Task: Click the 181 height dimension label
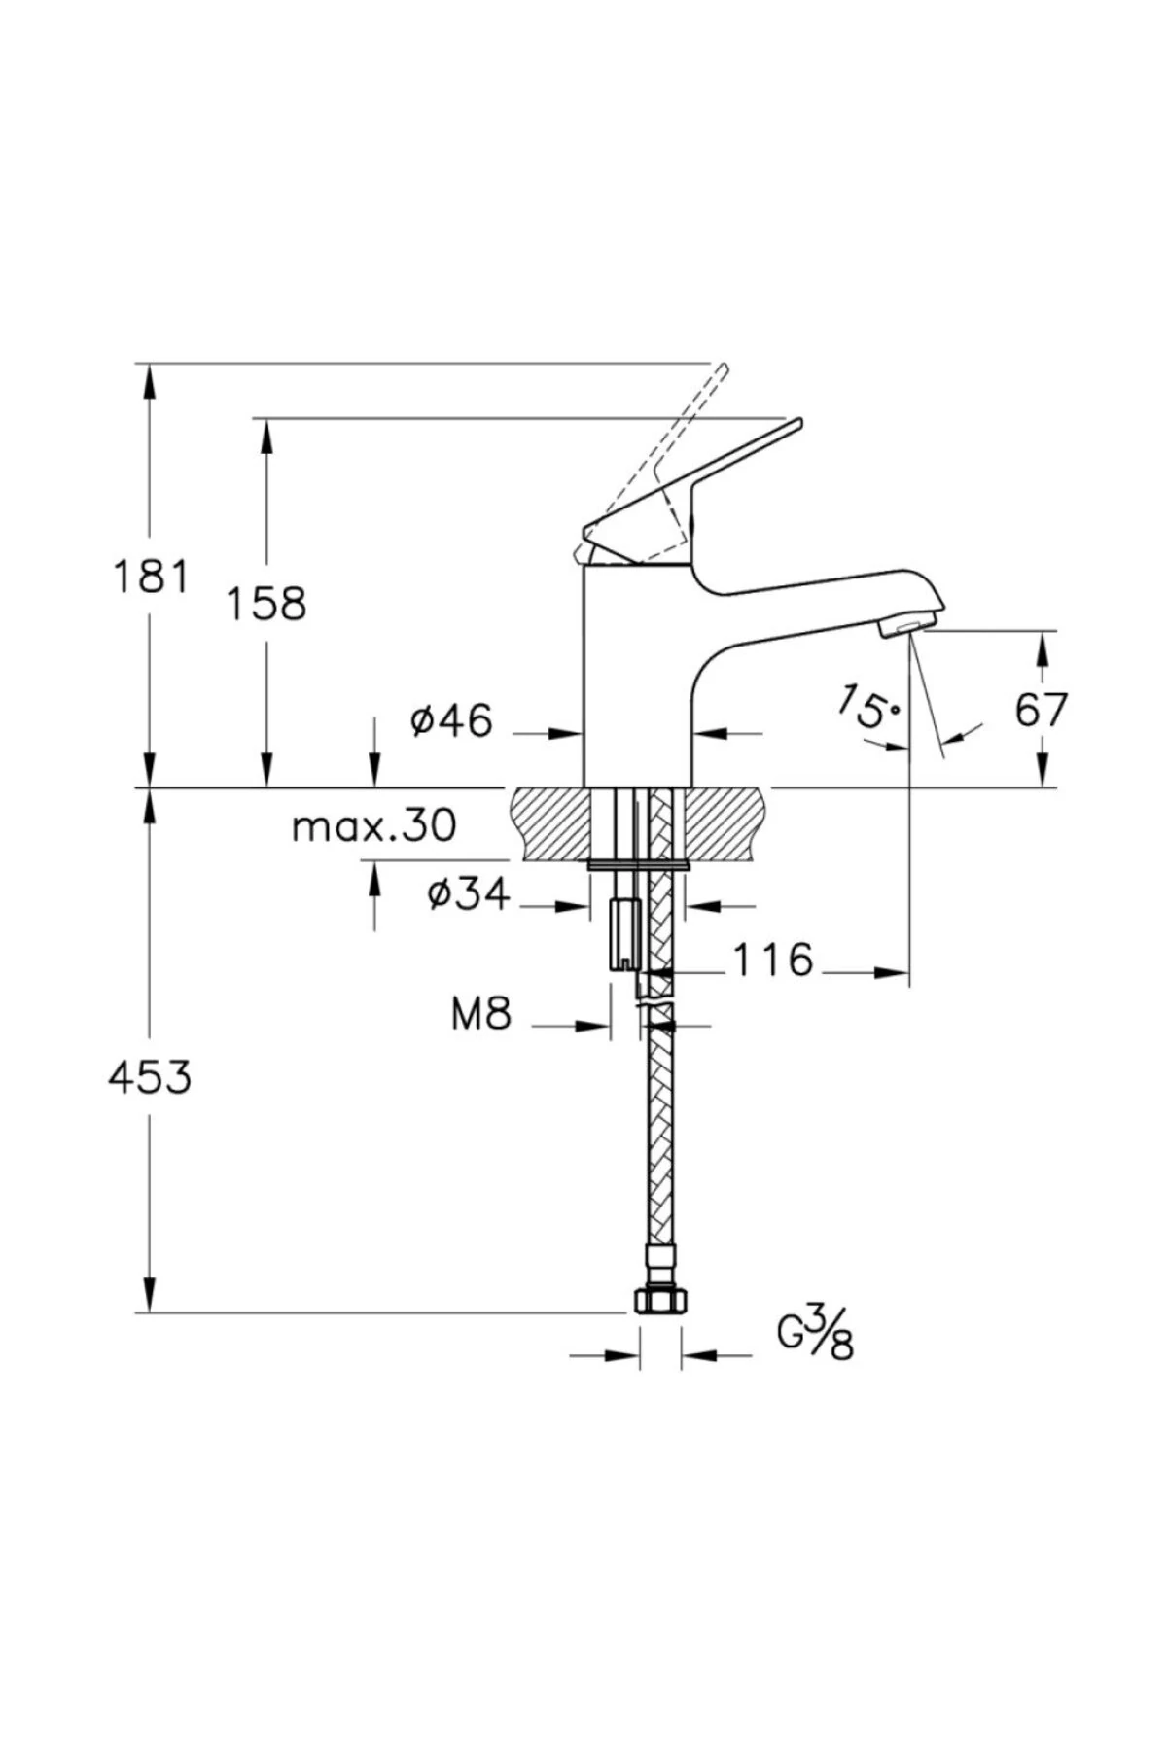pyautogui.click(x=151, y=577)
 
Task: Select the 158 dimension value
pyautogui.click(x=265, y=604)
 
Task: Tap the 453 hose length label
pyautogui.click(x=150, y=1077)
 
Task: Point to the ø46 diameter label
pyautogui.click(x=451, y=721)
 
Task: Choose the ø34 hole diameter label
pyautogui.click(x=468, y=893)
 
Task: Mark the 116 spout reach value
pyautogui.click(x=772, y=961)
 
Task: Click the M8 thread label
pyautogui.click(x=480, y=1015)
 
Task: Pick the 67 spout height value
pyautogui.click(x=1042, y=711)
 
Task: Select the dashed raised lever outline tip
pyautogui.click(x=722, y=370)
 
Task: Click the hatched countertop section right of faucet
pyautogui.click(x=727, y=822)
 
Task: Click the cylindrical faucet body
pyautogui.click(x=637, y=681)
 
